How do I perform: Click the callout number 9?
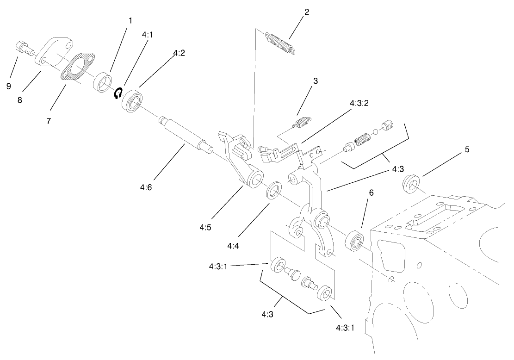pyautogui.click(x=9, y=86)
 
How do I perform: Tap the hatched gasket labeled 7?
pyautogui.click(x=78, y=70)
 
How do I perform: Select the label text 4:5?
pyautogui.click(x=206, y=227)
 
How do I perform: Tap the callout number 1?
pyautogui.click(x=130, y=20)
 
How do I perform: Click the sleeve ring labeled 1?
pyautogui.click(x=103, y=82)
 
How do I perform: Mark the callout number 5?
pyautogui.click(x=467, y=149)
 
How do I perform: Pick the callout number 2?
pyautogui.click(x=306, y=12)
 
